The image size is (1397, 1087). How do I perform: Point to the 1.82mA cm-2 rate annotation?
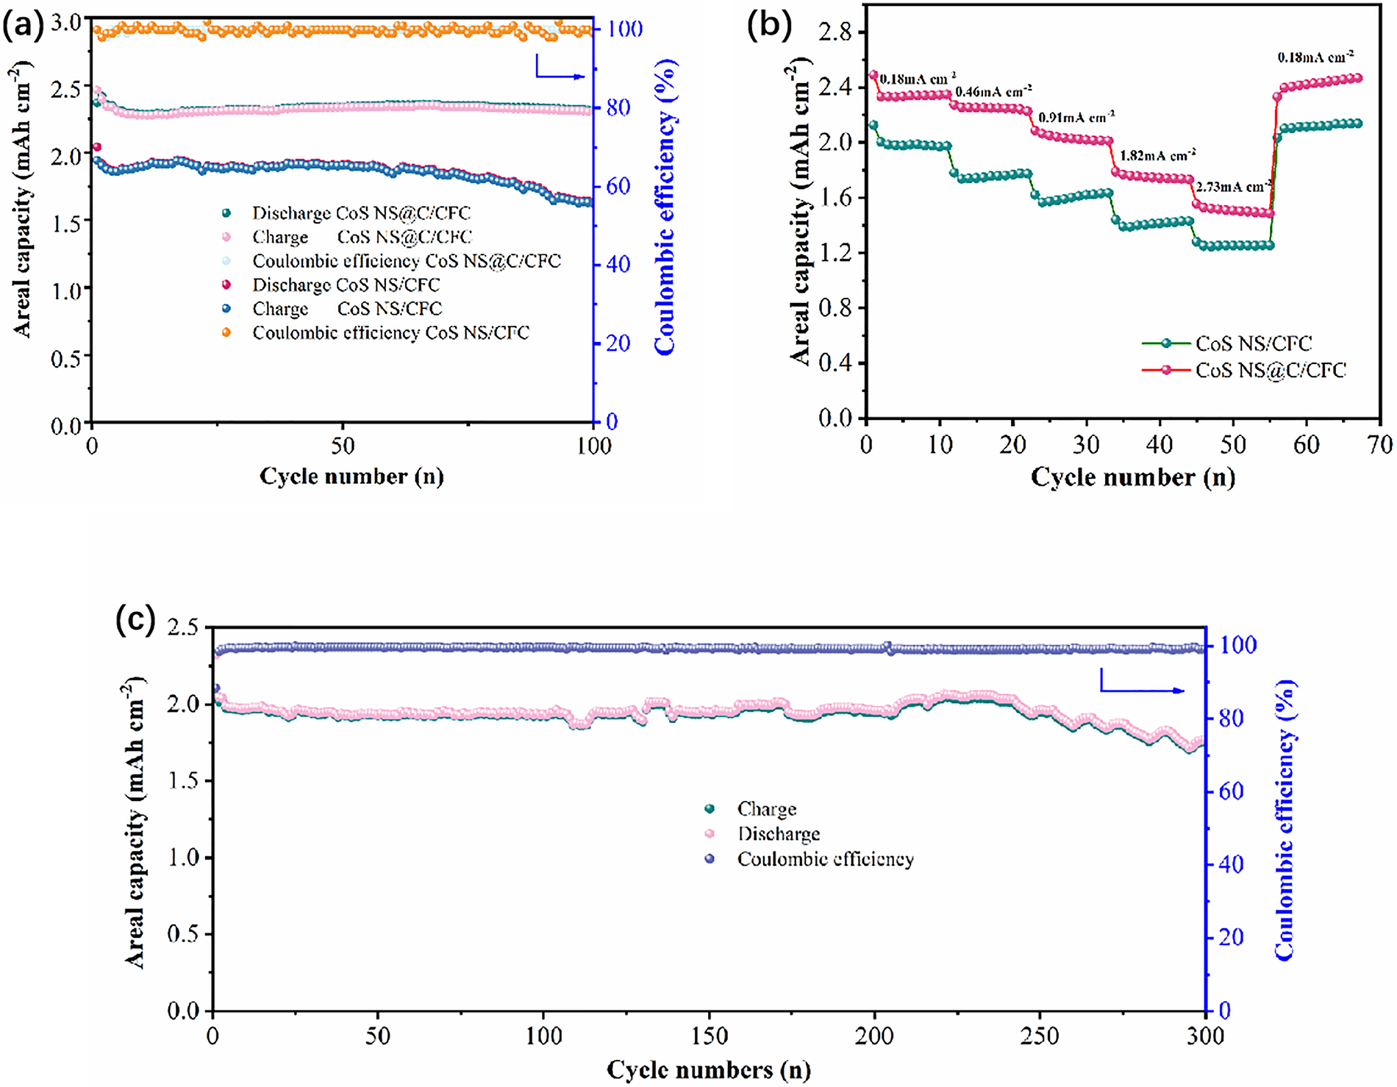point(1157,156)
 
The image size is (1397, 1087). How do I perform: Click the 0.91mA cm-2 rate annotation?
point(1076,116)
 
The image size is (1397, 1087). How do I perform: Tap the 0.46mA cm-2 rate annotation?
point(993,92)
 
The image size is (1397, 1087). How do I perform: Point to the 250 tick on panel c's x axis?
point(1040,1036)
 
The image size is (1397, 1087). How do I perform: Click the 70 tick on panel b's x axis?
point(1380,444)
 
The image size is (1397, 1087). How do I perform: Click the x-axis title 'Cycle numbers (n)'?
point(709,1070)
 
